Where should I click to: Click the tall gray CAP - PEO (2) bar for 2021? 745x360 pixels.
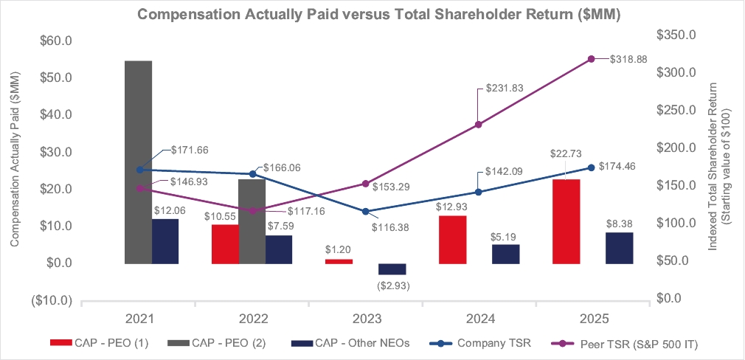(139, 162)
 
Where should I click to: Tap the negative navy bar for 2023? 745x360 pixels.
(392, 269)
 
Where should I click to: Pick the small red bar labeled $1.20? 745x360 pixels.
(338, 261)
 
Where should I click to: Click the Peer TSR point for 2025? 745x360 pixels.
(591, 59)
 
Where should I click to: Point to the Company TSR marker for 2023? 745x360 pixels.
(365, 212)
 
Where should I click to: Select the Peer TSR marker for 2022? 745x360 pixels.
(252, 211)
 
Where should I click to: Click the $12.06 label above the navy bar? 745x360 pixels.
(170, 211)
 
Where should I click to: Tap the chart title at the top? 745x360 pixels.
(372, 15)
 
